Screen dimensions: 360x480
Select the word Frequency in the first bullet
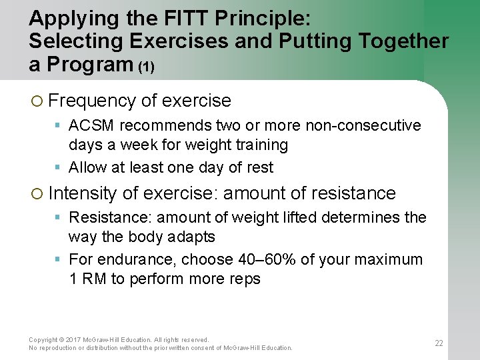pos(92,101)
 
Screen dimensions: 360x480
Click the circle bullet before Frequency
pos(37,101)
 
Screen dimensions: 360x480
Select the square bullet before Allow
pos(59,167)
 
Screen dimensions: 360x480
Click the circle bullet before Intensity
pos(37,194)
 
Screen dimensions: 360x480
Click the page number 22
pos(439,343)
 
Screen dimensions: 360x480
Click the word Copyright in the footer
pos(43,340)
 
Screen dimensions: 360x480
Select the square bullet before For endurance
pos(59,259)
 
